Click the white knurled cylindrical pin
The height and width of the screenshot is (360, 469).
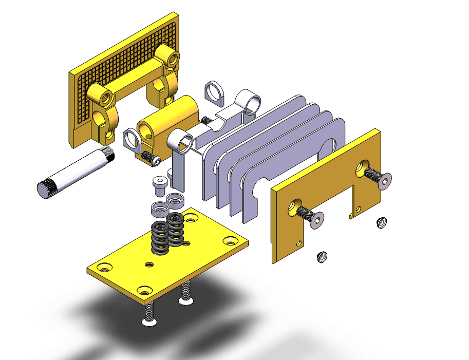click(77, 172)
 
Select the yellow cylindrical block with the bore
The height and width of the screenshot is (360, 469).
click(170, 121)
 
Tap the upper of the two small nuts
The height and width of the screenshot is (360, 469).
click(381, 222)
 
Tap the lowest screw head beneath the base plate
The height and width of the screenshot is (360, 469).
click(148, 321)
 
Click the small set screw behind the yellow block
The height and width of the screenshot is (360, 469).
click(207, 120)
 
